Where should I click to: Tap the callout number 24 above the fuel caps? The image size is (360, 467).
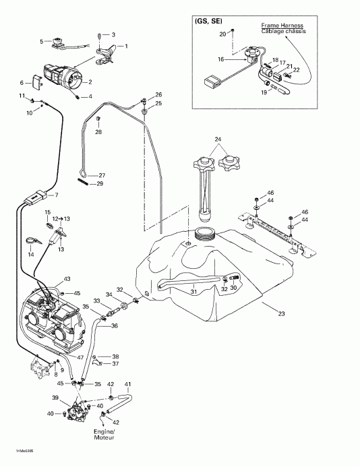point(217,139)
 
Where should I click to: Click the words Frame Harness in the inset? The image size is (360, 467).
point(280,25)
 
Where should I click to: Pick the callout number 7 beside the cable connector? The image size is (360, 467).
point(56,195)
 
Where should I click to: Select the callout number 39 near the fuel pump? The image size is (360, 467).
point(56,398)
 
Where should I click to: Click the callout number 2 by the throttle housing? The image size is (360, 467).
point(90,82)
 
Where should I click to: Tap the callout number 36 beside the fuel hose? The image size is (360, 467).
point(115,326)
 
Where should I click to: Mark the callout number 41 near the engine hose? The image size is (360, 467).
point(128,383)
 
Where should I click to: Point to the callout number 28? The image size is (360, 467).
point(98,132)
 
